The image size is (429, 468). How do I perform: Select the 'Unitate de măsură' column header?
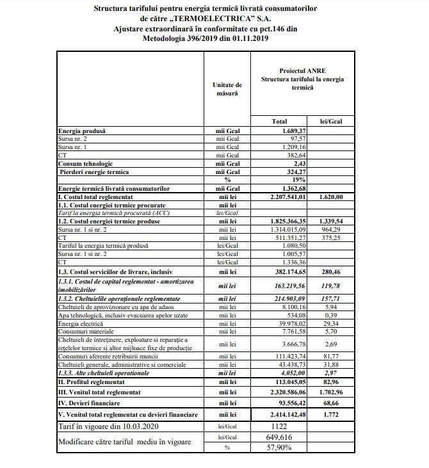227,88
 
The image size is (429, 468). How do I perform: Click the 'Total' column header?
279,120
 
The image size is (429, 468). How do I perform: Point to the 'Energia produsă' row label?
82,131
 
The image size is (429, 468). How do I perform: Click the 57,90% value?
282,448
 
